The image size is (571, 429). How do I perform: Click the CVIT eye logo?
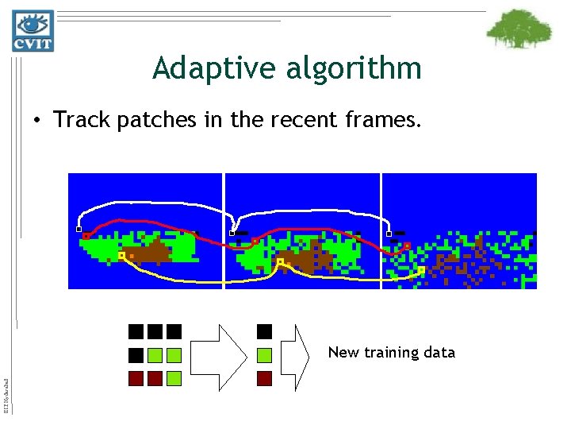point(33,30)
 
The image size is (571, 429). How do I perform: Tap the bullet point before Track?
point(37,121)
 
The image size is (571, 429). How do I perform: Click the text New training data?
point(392,352)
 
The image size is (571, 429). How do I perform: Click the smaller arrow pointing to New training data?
point(303,354)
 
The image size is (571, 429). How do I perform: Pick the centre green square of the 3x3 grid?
point(155,354)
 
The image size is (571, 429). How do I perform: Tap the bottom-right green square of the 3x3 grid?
point(174,378)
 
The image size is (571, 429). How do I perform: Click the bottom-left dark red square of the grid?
point(136,378)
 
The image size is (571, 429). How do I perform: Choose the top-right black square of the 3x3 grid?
point(174,331)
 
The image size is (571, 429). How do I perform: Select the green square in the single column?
point(265,354)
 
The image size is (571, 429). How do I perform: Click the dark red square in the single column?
point(265,378)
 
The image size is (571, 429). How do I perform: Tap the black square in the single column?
point(265,331)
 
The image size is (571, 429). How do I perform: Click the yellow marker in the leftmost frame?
point(121,256)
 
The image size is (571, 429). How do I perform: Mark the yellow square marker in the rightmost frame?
point(421,270)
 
